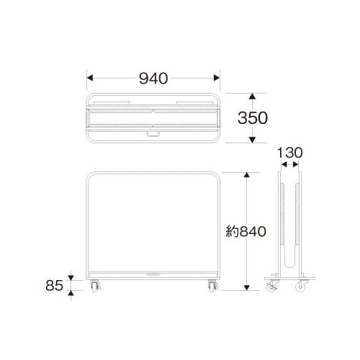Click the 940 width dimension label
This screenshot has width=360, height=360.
click(153, 78)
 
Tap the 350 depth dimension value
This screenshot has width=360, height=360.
click(253, 118)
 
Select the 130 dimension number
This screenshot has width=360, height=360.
click(290, 153)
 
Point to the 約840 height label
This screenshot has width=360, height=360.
click(246, 232)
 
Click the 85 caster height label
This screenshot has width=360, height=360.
click(55, 285)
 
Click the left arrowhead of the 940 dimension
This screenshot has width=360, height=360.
click(90, 78)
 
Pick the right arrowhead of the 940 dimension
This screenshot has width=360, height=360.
click(217, 78)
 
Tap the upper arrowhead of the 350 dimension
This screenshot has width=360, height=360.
click(252, 96)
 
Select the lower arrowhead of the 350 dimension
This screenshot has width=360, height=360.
click(252, 140)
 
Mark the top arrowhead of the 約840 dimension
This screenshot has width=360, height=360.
click(246, 175)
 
